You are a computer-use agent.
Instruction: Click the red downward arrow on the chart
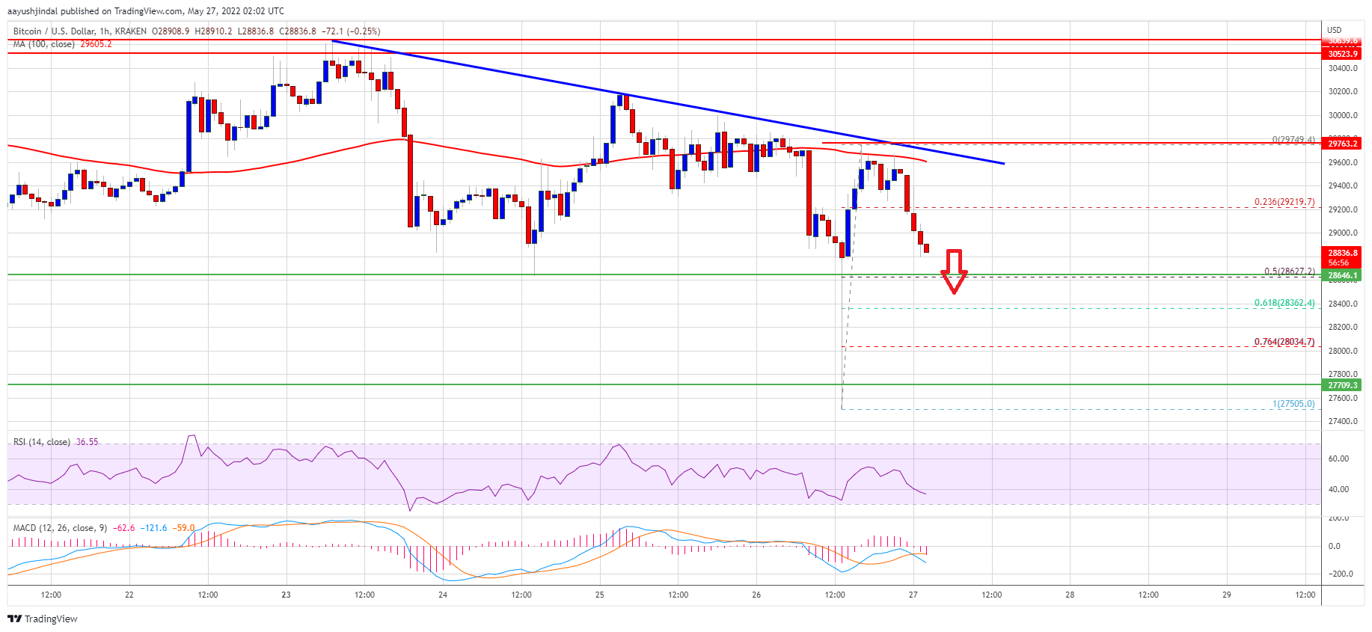coord(954,271)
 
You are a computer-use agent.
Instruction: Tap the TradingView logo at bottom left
coord(43,619)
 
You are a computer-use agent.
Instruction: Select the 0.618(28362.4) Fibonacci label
coord(1284,303)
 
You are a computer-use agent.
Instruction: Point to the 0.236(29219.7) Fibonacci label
coord(1284,202)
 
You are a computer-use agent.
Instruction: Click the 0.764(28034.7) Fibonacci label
coord(1284,342)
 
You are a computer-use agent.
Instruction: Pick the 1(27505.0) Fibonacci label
coord(1293,404)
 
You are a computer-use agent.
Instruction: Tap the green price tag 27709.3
coord(1342,385)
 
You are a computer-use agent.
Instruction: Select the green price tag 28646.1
coord(1342,275)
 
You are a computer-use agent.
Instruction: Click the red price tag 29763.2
coord(1342,144)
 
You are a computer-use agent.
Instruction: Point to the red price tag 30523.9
coord(1342,54)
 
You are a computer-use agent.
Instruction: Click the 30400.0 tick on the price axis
coord(1342,68)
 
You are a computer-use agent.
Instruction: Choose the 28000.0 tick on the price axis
coord(1342,351)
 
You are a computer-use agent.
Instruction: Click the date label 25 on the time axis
coord(599,595)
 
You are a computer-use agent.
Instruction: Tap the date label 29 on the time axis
coord(1226,595)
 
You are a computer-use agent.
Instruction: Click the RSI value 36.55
coord(88,442)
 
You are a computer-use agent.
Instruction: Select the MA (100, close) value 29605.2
coord(96,44)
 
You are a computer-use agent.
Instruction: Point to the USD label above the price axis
coord(1334,30)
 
